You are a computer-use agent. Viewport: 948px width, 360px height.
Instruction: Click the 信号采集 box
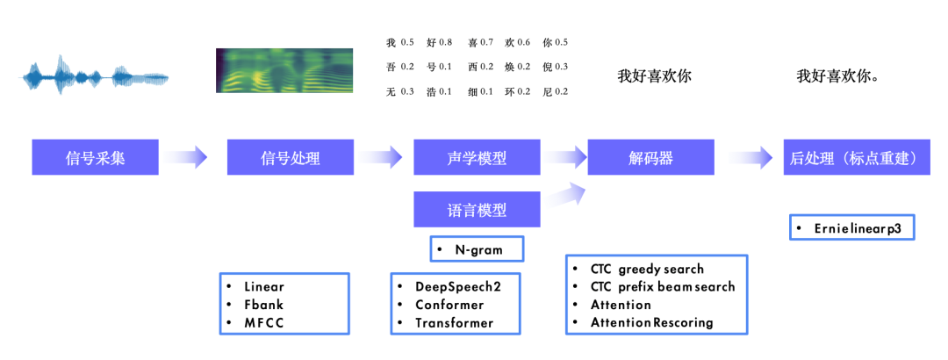pos(96,158)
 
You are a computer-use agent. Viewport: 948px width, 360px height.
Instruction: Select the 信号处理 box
pos(291,158)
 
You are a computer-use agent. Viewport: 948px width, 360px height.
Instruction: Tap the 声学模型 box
pos(477,158)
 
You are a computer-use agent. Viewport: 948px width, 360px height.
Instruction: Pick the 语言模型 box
pos(477,210)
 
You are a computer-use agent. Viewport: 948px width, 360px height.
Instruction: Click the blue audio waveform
pos(95,77)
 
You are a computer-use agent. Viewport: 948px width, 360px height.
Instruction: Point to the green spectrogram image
pos(285,70)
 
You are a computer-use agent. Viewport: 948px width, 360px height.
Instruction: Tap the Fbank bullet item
pos(263,305)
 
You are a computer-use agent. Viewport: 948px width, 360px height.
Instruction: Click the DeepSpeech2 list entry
pos(455,287)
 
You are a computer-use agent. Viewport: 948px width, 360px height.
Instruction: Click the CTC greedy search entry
pos(648,269)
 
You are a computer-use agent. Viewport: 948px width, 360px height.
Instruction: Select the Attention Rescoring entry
pos(652,322)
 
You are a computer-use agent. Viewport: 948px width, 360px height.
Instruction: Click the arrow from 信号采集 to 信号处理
pos(185,158)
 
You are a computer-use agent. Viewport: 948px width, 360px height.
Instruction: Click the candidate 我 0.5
pos(399,42)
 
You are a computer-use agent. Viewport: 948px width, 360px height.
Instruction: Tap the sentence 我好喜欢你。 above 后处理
pos(838,76)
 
